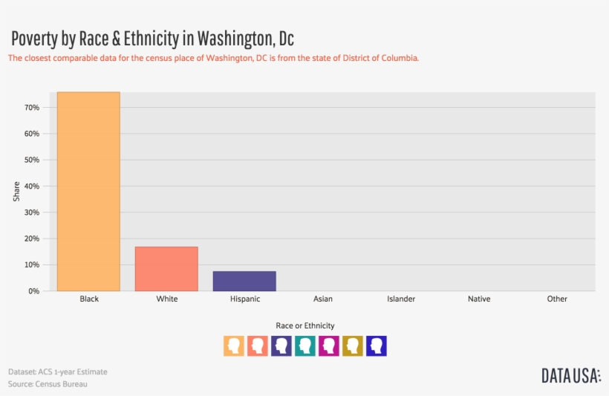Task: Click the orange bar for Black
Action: point(88,191)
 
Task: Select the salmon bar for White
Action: point(166,268)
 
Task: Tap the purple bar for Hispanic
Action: point(244,281)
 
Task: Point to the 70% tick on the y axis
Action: point(31,108)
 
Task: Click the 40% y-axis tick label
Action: point(31,186)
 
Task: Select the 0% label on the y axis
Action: point(33,291)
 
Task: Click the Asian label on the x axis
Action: point(322,299)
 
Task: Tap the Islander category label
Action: point(401,299)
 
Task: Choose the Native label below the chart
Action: point(479,299)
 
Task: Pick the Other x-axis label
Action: point(557,299)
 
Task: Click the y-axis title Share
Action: point(17,191)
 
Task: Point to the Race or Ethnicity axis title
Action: point(305,325)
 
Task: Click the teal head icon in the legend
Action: point(305,345)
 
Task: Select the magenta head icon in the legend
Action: point(329,345)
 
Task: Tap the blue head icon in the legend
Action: point(377,345)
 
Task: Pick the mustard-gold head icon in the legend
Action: point(353,345)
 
